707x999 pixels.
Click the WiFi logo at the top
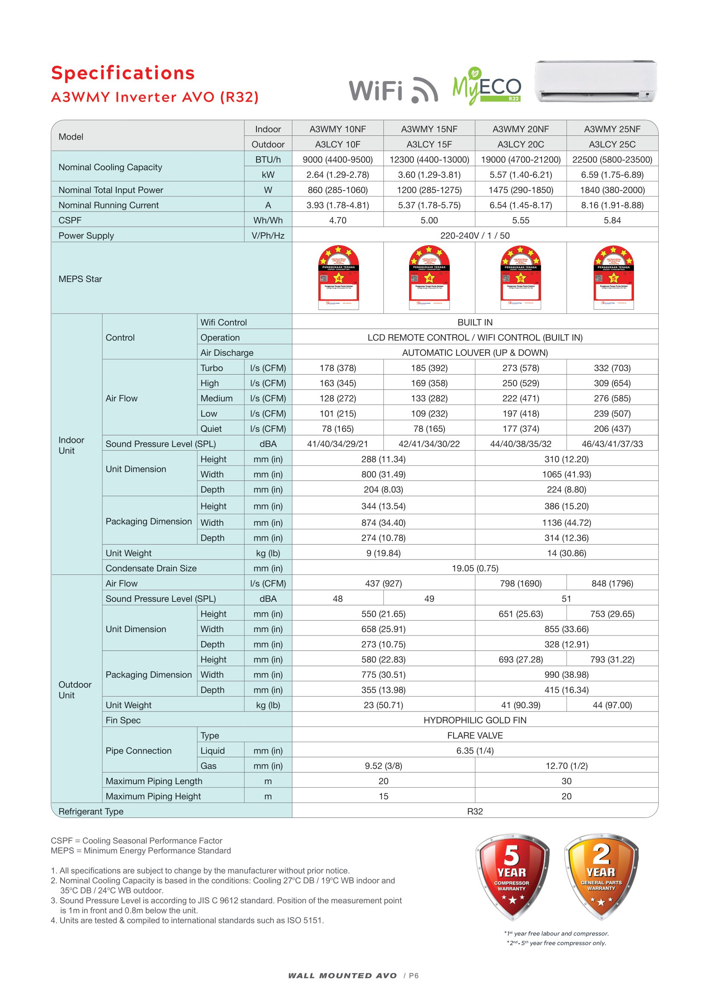pyautogui.click(x=393, y=90)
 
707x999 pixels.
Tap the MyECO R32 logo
pyautogui.click(x=487, y=86)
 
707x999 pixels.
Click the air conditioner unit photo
pyautogui.click(x=595, y=82)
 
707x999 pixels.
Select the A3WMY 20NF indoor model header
pyautogui.click(x=520, y=129)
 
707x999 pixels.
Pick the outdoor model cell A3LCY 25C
pyautogui.click(x=612, y=144)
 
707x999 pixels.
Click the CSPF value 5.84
pyautogui.click(x=612, y=220)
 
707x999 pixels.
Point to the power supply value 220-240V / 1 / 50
pyautogui.click(x=474, y=236)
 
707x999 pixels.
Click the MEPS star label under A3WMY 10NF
pyautogui.click(x=338, y=278)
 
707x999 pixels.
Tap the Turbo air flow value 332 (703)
pyautogui.click(x=612, y=368)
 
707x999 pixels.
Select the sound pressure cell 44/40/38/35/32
pyautogui.click(x=520, y=444)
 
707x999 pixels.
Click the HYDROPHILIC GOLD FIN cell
pyautogui.click(x=474, y=721)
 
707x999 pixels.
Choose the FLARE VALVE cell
pyautogui.click(x=474, y=736)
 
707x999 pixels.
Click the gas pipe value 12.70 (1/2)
pyautogui.click(x=566, y=766)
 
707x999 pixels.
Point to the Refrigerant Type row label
pyautogui.click(x=91, y=812)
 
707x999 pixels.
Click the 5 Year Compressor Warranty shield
pyautogui.click(x=512, y=876)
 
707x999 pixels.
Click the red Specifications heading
pyautogui.click(x=123, y=73)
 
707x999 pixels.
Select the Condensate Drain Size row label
pyautogui.click(x=150, y=568)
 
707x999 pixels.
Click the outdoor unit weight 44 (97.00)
pyautogui.click(x=612, y=705)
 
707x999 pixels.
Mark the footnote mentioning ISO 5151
pyautogui.click(x=187, y=920)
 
